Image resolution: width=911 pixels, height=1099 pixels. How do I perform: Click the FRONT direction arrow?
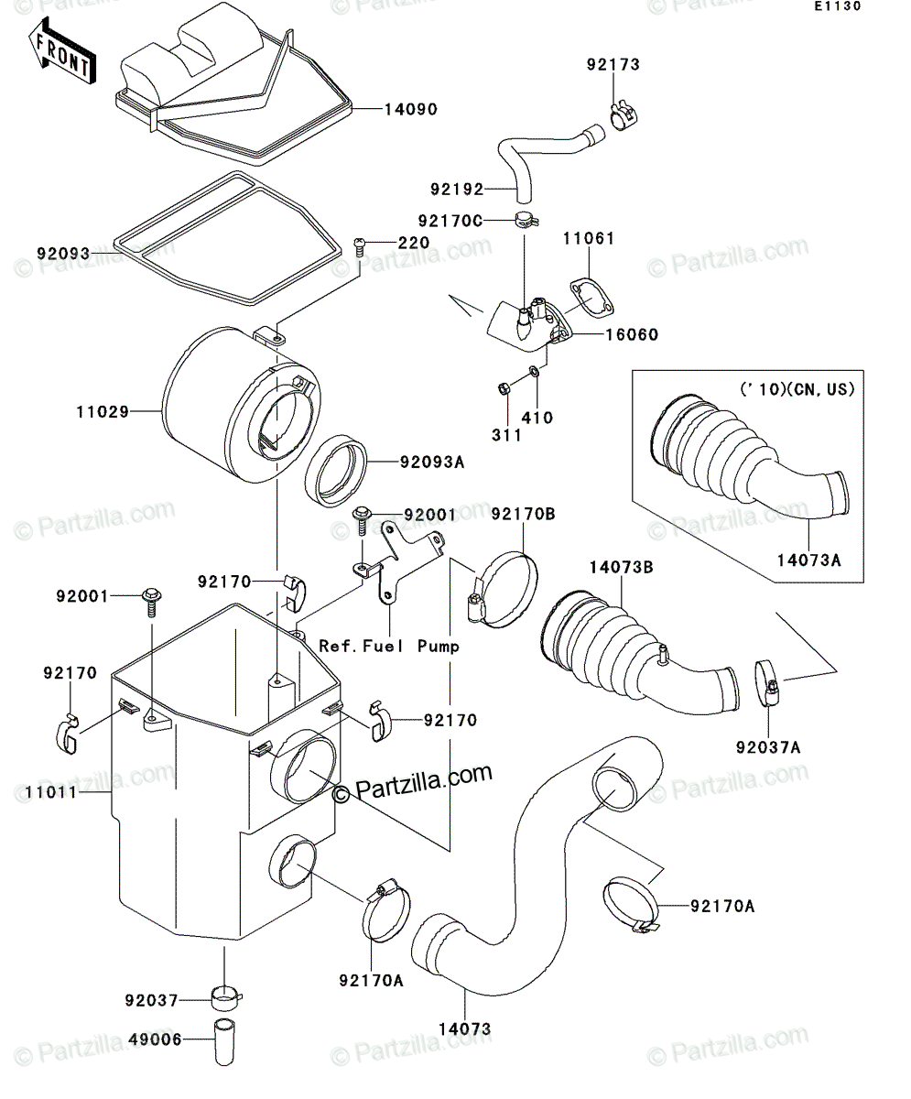tap(62, 51)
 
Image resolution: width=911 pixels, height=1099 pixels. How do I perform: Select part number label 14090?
tap(411, 110)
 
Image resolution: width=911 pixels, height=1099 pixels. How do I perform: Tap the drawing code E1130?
tap(838, 6)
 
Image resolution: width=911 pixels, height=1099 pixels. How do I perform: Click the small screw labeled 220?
tap(361, 247)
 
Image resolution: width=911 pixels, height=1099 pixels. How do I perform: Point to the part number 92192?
tap(457, 189)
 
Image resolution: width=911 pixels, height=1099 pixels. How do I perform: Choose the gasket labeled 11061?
tap(592, 299)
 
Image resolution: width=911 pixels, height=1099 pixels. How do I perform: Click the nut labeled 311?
tap(502, 389)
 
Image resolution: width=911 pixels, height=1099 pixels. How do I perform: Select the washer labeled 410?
tap(534, 372)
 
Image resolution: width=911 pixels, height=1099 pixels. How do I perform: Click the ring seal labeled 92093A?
tap(336, 471)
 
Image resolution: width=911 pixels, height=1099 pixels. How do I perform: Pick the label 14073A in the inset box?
tap(808, 560)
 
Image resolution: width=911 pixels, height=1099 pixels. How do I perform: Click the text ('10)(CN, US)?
tap(797, 389)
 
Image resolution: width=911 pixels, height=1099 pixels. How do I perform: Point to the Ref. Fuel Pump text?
tap(389, 646)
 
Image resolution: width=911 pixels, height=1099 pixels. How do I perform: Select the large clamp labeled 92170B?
tap(503, 589)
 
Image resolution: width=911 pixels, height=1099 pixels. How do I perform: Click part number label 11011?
tap(51, 792)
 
